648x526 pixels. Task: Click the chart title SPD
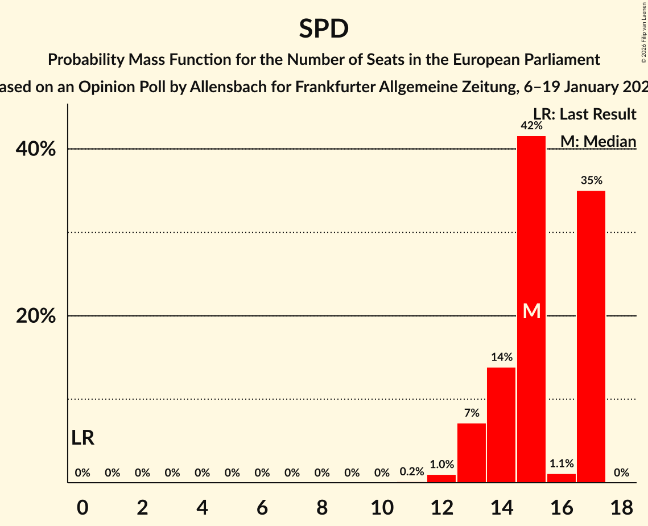click(x=324, y=28)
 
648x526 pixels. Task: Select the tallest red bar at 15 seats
click(x=531, y=228)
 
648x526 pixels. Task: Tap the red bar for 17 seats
click(x=591, y=336)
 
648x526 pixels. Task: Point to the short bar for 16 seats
click(x=562, y=478)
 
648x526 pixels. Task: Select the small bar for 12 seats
click(x=441, y=478)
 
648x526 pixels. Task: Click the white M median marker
click(x=531, y=311)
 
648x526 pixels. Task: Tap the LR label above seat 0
click(x=83, y=438)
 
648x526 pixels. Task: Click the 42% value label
click(x=531, y=125)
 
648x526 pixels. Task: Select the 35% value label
click(x=591, y=180)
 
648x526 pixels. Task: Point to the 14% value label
click(x=501, y=357)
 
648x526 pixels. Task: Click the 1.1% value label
click(x=562, y=463)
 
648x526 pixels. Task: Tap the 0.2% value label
click(x=411, y=471)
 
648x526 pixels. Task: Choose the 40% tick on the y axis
click(x=36, y=149)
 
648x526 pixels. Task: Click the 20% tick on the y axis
click(x=36, y=316)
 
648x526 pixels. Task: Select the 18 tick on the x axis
click(x=621, y=507)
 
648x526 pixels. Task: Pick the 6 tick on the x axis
click(x=262, y=507)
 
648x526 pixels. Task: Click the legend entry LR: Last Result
click(x=584, y=114)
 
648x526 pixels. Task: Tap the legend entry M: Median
click(x=598, y=141)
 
